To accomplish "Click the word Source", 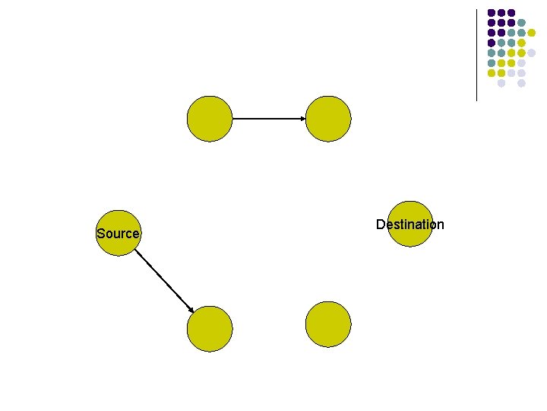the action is point(118,234).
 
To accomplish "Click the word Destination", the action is point(409,225).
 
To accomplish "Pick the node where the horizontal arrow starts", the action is point(209,119).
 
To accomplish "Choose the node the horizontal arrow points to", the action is point(328,119).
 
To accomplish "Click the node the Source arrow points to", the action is point(209,329).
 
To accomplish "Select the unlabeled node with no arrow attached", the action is point(328,324).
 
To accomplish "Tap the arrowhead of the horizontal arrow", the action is point(302,119).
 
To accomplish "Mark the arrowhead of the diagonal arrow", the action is point(191,307).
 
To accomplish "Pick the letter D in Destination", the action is point(380,225).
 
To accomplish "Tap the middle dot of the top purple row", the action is point(501,12).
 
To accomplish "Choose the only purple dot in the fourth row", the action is point(491,43).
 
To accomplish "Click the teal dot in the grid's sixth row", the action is point(491,62).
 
